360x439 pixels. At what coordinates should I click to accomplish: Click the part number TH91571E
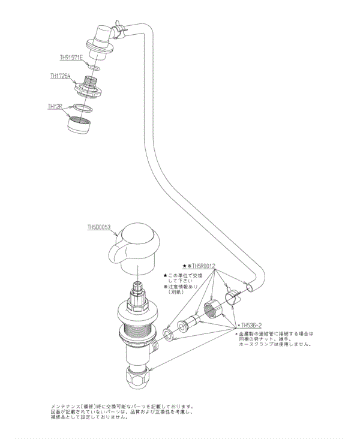pos(71,58)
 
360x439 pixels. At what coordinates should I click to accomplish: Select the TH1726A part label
pos(61,76)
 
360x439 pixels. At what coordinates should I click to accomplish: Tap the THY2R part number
pos(55,106)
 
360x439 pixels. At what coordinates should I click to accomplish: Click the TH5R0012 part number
pos(203,265)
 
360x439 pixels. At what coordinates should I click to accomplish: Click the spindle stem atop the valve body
pos(137,289)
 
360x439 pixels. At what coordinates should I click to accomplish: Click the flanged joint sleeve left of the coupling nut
pos(187,324)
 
